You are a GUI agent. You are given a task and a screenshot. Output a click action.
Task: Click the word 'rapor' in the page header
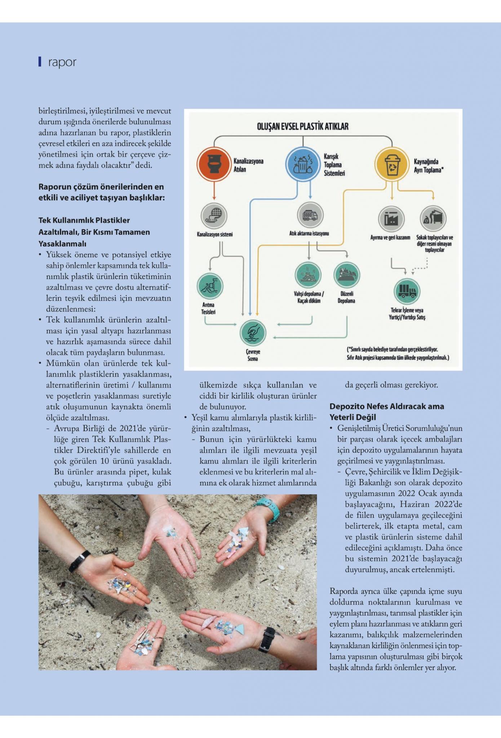pos(62,62)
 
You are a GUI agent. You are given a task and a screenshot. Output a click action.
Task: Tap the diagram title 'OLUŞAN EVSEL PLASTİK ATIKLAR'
pos(302,126)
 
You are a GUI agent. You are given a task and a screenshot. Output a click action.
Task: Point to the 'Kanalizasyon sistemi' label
pos(214,235)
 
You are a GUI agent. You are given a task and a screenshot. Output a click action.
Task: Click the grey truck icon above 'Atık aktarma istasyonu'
pos(310,215)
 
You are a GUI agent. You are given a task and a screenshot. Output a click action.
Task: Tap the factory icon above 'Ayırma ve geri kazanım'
pos(391,218)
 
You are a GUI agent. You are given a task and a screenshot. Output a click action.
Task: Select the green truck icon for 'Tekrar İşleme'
pos(407,291)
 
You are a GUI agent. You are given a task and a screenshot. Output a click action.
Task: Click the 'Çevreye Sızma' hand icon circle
pos(253,333)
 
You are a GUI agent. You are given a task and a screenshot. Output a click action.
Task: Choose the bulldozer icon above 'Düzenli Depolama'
pos(347,275)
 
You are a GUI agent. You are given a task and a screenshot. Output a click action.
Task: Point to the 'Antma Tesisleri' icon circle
pos(210,286)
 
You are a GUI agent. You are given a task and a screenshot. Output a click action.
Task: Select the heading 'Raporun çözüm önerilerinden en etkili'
pos(101,192)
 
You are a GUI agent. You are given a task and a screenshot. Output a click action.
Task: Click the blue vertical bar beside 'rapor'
pos(40,62)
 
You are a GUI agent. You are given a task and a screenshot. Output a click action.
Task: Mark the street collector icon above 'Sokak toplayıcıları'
pos(433,218)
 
